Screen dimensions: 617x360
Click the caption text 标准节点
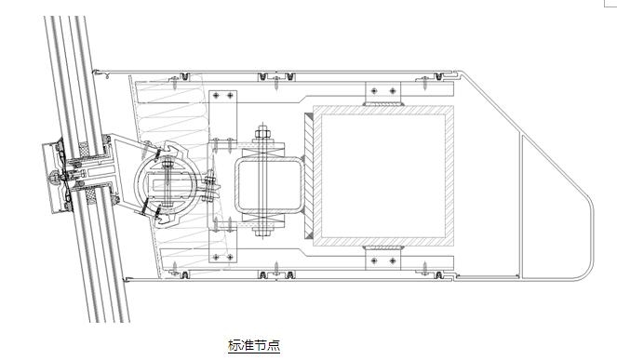pos(254,345)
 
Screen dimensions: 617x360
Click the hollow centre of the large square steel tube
pos(383,176)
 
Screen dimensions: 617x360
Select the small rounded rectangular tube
pos(270,184)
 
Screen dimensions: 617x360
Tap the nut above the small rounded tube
pos(262,135)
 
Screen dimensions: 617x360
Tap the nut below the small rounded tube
pos(262,232)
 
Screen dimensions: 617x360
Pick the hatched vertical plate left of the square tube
pos(309,176)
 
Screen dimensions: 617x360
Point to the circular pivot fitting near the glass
pos(165,183)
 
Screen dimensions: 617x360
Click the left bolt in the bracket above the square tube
pos(374,91)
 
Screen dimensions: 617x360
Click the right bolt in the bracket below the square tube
pos(393,260)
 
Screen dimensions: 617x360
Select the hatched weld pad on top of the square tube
pos(383,104)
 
